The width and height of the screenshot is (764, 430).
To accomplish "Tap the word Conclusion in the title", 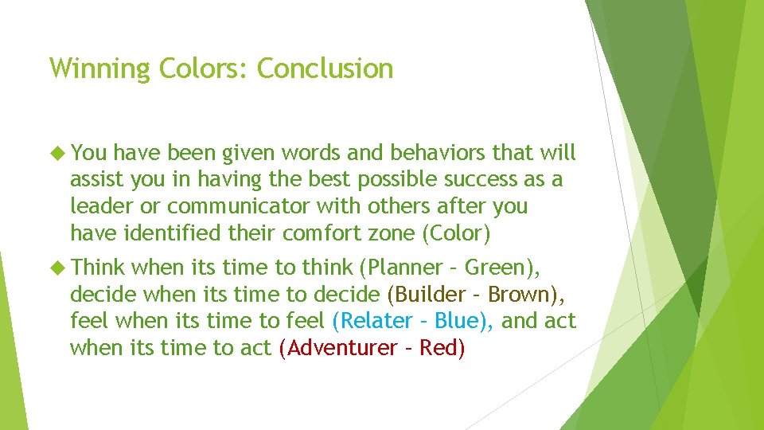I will tap(325, 68).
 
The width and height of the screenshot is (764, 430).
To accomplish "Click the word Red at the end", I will tap(439, 348).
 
